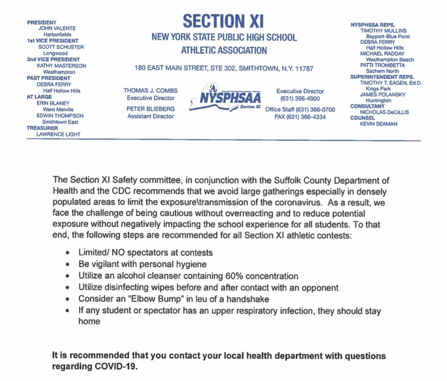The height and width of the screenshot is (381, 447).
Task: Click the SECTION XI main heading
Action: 223,21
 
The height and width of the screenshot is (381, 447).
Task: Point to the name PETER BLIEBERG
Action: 150,108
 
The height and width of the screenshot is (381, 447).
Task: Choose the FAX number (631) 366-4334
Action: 300,117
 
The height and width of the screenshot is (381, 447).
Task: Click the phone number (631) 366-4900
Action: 300,99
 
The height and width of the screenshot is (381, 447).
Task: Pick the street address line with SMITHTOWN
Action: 223,69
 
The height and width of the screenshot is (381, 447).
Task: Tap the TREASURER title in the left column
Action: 42,128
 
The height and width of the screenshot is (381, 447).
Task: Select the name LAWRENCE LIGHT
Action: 58,135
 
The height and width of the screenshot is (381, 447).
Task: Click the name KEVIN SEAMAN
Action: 378,124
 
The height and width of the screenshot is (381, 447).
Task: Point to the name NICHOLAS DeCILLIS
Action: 384,112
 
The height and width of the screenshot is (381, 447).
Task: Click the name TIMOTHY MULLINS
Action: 383,31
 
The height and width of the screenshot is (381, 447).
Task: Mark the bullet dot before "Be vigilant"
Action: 67,265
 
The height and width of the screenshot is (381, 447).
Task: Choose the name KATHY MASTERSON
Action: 62,66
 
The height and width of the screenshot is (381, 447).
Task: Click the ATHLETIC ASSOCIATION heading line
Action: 223,50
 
